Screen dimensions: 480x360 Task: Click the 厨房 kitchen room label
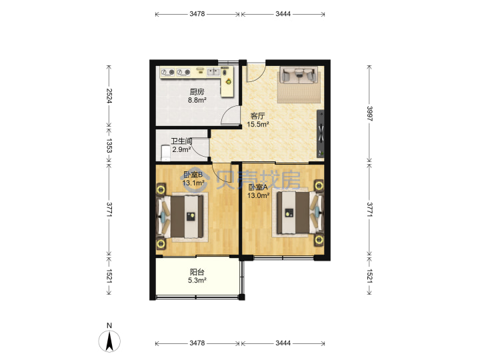tap(197, 91)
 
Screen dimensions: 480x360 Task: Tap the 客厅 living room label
tap(258, 116)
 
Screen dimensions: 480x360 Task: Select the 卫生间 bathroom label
tap(181, 141)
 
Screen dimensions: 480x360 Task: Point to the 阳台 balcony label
tap(197, 272)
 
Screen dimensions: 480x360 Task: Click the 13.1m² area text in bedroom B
tap(193, 183)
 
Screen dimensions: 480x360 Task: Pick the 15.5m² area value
tap(258, 124)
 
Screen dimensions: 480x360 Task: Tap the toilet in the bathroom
tap(165, 153)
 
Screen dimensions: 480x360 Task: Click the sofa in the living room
tap(299, 75)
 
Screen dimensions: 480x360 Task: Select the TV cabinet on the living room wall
tap(320, 133)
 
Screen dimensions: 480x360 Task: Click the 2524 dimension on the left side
tap(109, 95)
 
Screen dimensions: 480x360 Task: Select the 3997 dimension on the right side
tap(369, 113)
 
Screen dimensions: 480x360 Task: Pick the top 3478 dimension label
tap(197, 14)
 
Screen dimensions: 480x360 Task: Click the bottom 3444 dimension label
tap(283, 343)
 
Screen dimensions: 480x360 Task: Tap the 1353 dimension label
tap(109, 145)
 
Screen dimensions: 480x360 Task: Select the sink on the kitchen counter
tap(214, 72)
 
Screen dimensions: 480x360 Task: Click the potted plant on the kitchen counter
tap(229, 82)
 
